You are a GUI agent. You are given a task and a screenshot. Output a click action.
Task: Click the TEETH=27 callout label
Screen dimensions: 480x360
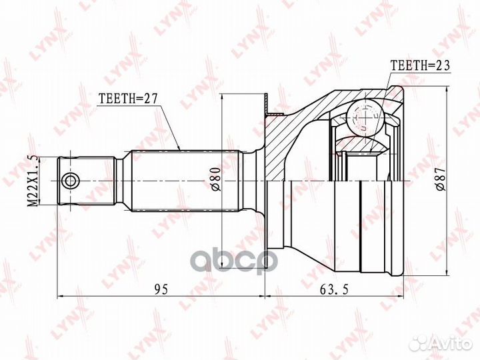pyautogui.click(x=127, y=99)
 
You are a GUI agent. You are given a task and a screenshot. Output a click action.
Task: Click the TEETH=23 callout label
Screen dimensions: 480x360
pyautogui.click(x=421, y=65)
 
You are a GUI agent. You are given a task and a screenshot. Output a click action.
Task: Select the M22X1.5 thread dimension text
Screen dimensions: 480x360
pyautogui.click(x=33, y=181)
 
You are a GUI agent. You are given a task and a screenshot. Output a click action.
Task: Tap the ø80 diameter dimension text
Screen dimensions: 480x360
pyautogui.click(x=216, y=179)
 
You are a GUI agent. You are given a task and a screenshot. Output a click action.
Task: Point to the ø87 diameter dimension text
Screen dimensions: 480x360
pyautogui.click(x=440, y=180)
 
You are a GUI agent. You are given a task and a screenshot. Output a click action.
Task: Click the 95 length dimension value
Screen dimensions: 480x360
pyautogui.click(x=161, y=289)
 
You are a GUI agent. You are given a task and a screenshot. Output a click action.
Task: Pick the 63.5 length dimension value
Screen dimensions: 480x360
pyautogui.click(x=334, y=289)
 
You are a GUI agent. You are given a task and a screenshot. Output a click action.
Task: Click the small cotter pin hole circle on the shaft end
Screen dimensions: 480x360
pyautogui.click(x=70, y=181)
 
